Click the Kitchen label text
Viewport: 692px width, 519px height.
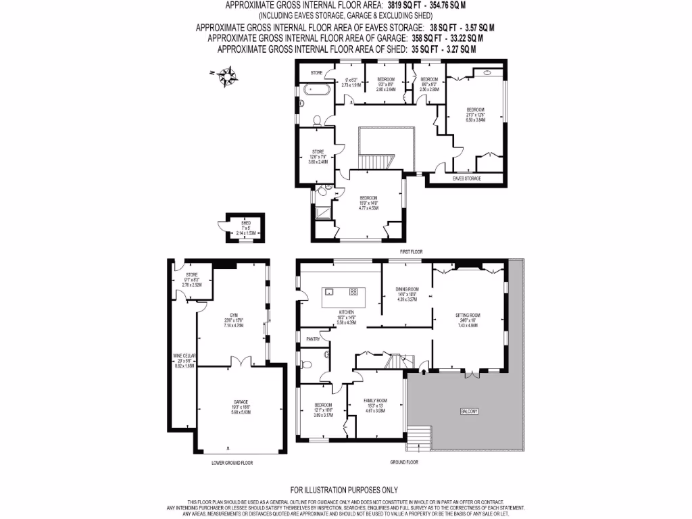click(x=346, y=312)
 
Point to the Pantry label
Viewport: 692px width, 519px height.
click(x=312, y=339)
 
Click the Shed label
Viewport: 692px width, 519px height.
click(x=245, y=224)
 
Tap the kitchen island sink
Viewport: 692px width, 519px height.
click(x=328, y=292)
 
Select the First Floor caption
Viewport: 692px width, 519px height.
click(x=411, y=251)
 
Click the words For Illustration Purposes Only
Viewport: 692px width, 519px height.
click(x=344, y=489)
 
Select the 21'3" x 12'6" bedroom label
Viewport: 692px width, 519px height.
click(x=476, y=114)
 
